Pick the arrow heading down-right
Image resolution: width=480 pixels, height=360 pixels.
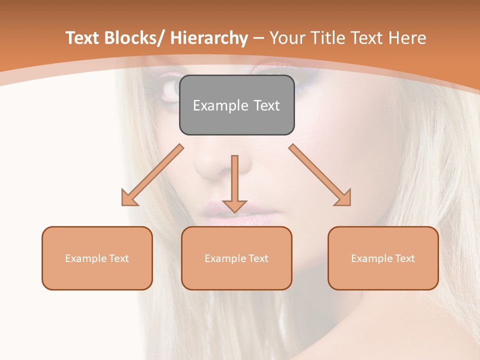[320, 175]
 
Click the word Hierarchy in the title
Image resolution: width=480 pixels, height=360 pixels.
[208, 38]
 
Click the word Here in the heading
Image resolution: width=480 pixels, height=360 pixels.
[408, 38]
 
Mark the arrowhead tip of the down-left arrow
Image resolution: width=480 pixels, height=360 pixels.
[122, 205]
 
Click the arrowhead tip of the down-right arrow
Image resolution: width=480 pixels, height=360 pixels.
[350, 205]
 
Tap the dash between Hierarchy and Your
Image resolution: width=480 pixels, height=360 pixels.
[258, 38]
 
